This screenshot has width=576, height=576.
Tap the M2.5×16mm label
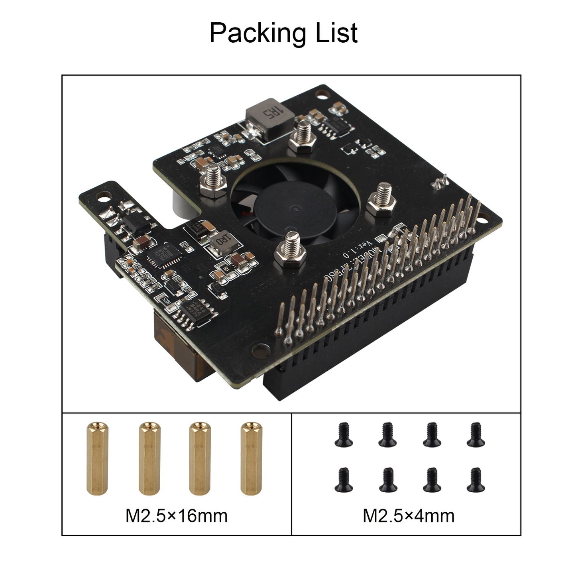pyautogui.click(x=177, y=515)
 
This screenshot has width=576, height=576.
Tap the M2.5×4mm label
pyautogui.click(x=409, y=515)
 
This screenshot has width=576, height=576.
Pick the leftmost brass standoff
pyautogui.click(x=96, y=458)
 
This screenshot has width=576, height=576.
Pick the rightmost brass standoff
pyautogui.click(x=252, y=458)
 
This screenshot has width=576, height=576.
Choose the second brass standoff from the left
pyautogui.click(x=149, y=458)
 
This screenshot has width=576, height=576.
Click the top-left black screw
pyautogui.click(x=343, y=434)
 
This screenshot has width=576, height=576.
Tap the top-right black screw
pyautogui.click(x=476, y=434)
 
